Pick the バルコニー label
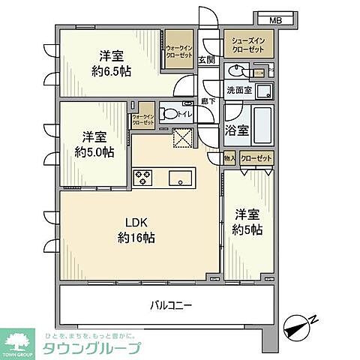(172, 305)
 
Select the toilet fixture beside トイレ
(169, 115)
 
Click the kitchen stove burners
(143, 178)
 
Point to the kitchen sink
(181, 178)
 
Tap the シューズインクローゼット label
(247, 46)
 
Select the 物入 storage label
(230, 158)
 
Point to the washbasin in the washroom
(235, 72)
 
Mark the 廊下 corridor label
(208, 101)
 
